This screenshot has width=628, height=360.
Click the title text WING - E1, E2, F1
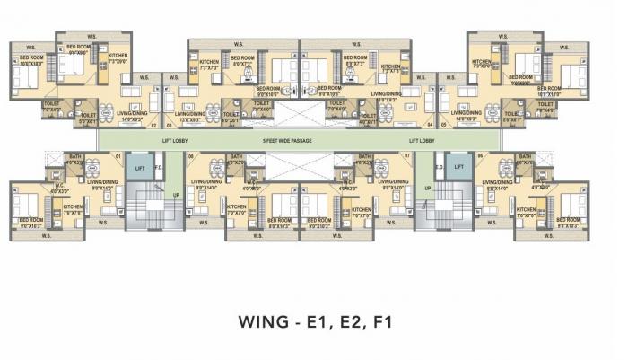[x=314, y=320]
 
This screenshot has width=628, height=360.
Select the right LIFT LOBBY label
[x=422, y=141]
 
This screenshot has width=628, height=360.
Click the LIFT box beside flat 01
[x=139, y=167]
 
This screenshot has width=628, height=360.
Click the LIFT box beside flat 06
[x=458, y=167]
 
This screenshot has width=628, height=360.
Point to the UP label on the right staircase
[x=428, y=188]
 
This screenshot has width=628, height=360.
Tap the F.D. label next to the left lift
[x=158, y=167]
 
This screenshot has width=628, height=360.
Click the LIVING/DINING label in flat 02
[x=132, y=114]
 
